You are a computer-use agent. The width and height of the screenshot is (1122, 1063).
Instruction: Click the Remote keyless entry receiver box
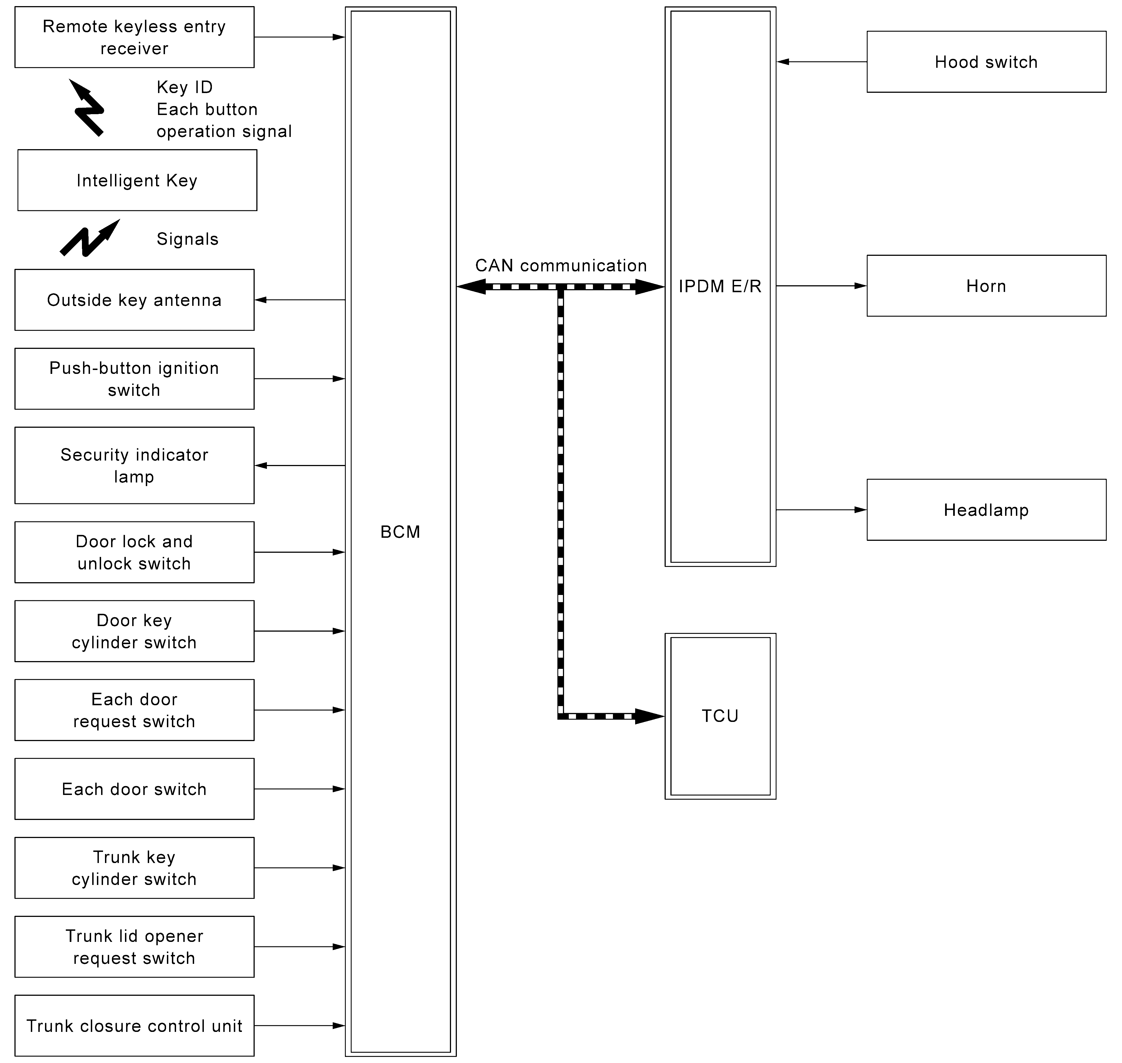[x=134, y=37]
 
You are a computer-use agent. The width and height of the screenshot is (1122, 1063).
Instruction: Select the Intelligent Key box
[x=137, y=180]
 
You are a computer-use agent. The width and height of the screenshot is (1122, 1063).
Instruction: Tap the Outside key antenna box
[x=134, y=300]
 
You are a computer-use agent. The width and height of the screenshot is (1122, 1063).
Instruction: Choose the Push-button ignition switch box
[x=134, y=379]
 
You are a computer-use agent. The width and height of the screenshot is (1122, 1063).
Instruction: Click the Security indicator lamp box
[x=134, y=465]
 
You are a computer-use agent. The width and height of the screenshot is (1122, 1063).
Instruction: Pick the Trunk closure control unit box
[x=134, y=1026]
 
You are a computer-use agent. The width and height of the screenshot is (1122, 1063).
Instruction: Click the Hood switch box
[x=986, y=62]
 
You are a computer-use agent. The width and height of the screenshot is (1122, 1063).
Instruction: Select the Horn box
[x=986, y=286]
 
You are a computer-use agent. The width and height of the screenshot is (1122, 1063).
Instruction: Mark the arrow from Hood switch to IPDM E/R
[x=822, y=62]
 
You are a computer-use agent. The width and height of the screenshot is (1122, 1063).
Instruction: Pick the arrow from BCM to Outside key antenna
[x=300, y=300]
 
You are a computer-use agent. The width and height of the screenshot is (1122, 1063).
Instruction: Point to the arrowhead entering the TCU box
[x=649, y=716]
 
